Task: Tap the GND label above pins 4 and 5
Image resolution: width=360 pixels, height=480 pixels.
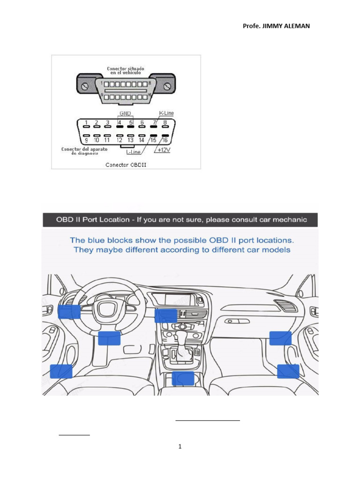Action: pyautogui.click(x=125, y=113)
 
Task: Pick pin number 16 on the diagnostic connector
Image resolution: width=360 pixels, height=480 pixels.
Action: pyautogui.click(x=165, y=140)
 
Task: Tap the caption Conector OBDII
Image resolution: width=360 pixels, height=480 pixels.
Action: pyautogui.click(x=125, y=165)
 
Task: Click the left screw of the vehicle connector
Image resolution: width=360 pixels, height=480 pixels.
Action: pyautogui.click(x=86, y=87)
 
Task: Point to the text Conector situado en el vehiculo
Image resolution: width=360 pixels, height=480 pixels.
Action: pyautogui.click(x=126, y=71)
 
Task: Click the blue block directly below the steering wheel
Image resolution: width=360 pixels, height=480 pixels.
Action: pyautogui.click(x=110, y=338)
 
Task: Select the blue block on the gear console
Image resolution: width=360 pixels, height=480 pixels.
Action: pyautogui.click(x=183, y=378)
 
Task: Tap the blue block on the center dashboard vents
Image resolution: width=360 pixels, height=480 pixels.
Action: pyautogui.click(x=165, y=315)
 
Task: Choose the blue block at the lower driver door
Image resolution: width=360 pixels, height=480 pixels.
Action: pyautogui.click(x=61, y=371)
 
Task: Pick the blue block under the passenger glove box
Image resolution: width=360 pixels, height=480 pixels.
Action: pyautogui.click(x=280, y=338)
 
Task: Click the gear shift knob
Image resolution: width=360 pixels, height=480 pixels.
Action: pyautogui.click(x=181, y=336)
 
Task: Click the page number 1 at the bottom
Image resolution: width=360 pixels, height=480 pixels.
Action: pyautogui.click(x=180, y=446)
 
